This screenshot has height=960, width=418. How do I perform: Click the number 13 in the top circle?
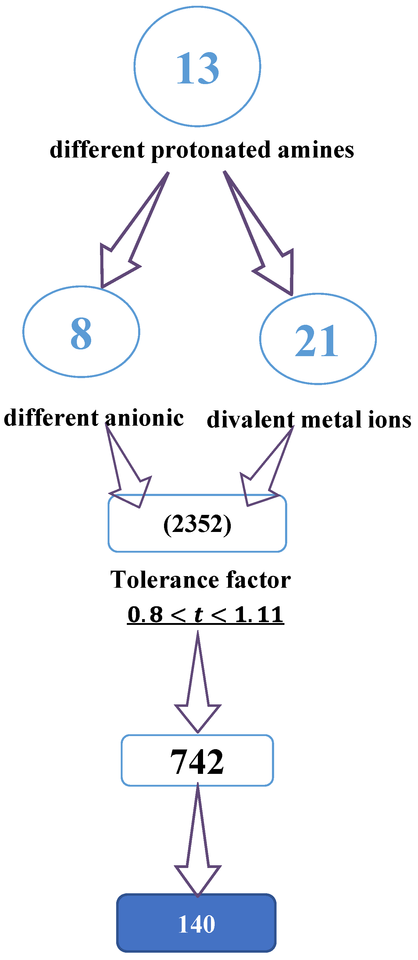[x=197, y=68]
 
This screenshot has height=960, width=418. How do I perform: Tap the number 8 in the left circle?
[x=81, y=333]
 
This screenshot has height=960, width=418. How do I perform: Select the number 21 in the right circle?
[x=316, y=340]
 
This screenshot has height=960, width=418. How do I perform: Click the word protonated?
[x=211, y=150]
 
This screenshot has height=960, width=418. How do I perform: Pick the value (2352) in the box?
[x=197, y=524]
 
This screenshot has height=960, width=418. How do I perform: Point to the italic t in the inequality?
[x=198, y=615]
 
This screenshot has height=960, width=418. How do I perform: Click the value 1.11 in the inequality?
[x=259, y=615]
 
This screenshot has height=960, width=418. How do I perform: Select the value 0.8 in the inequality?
[x=145, y=615]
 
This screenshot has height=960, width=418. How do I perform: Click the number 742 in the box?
[x=197, y=761]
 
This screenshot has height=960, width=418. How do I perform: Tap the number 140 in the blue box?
[x=197, y=924]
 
